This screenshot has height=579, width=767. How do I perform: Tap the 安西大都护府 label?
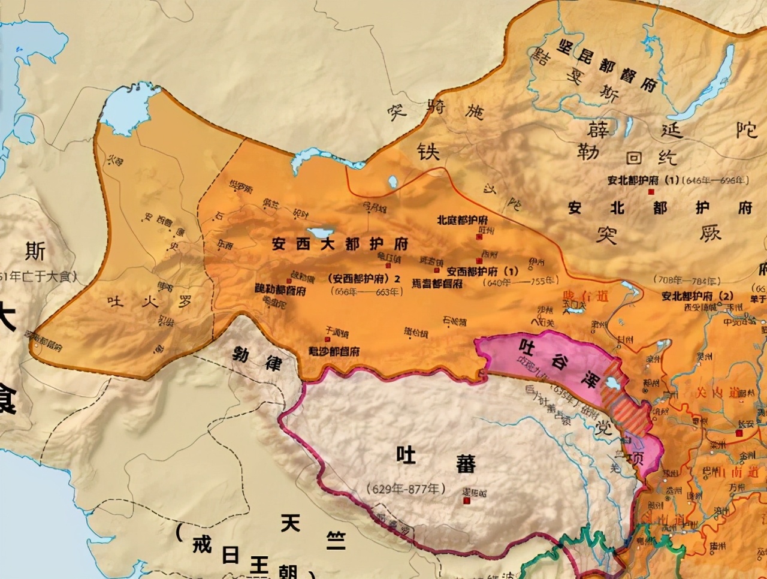(x=340, y=244)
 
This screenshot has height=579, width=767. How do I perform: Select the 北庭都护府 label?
(x=462, y=220)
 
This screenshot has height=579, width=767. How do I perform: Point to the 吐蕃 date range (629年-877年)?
(x=407, y=488)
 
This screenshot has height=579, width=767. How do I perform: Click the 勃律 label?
(x=257, y=358)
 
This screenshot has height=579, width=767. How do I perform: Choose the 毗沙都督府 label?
(x=334, y=351)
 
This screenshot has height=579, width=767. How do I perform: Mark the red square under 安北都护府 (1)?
(x=651, y=192)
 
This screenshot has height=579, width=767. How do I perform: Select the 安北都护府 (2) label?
(x=697, y=296)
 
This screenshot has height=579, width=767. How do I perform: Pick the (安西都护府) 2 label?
(x=364, y=279)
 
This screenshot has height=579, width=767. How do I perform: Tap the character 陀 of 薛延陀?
(x=747, y=128)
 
